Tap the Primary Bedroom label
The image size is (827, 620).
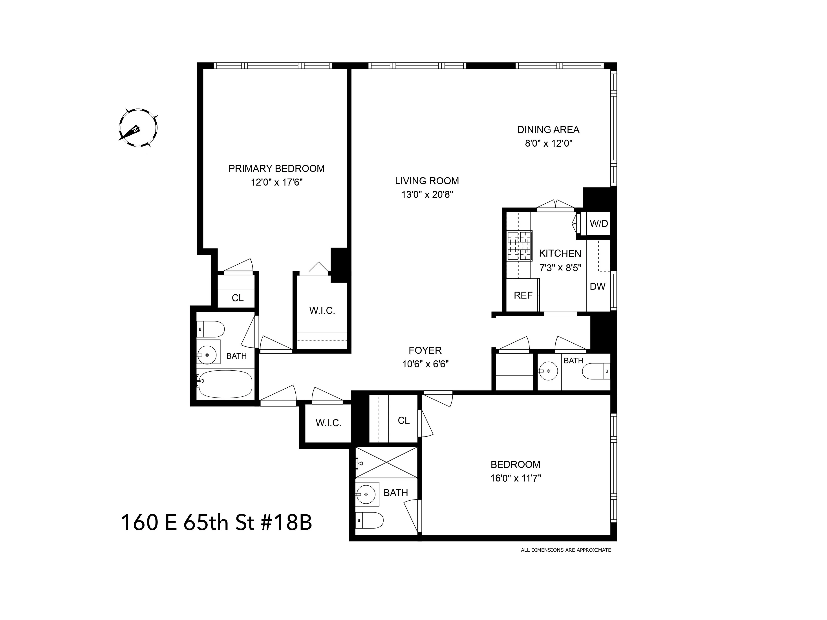tap(276, 169)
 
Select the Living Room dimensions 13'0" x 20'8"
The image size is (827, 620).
tap(427, 195)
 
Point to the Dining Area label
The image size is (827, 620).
tap(548, 130)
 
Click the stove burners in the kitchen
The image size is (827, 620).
tap(519, 246)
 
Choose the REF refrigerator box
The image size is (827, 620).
tap(523, 295)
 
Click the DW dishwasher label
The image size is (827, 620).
tap(597, 287)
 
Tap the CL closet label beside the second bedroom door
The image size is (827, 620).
tap(403, 420)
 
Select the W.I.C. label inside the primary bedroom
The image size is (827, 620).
tap(322, 311)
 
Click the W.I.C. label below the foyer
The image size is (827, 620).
tap(328, 423)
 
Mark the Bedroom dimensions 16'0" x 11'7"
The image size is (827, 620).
tap(516, 478)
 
